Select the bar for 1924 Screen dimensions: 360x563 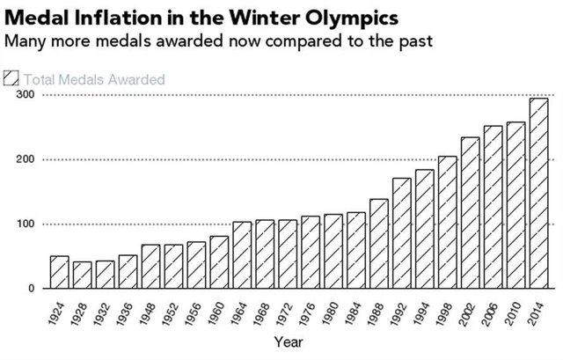(x=59, y=272)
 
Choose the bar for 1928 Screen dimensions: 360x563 (x=82, y=276)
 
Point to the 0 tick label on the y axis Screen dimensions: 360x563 (x=30, y=289)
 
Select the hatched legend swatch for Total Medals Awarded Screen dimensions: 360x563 (x=11, y=79)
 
